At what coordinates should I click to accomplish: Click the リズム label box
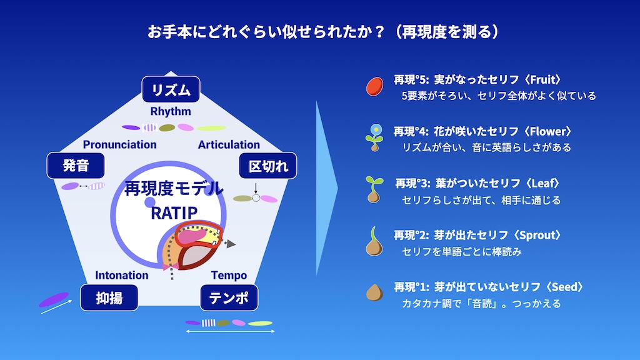click(x=171, y=89)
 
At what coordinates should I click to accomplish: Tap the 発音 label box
click(x=76, y=165)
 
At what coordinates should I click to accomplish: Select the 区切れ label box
click(x=267, y=166)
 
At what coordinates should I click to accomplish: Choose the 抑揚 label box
click(x=109, y=297)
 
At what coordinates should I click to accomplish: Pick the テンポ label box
click(x=229, y=297)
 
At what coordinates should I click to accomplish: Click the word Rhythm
click(x=171, y=111)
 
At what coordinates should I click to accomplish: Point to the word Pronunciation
click(x=119, y=144)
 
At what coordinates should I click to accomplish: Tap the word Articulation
click(x=229, y=144)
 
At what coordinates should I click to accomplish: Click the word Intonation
click(x=122, y=275)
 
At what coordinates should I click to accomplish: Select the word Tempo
click(x=229, y=276)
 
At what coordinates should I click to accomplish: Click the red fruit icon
click(x=375, y=86)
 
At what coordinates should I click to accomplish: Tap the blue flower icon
click(x=374, y=138)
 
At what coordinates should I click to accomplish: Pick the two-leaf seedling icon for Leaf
click(x=374, y=189)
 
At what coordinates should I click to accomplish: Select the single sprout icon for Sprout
click(x=374, y=241)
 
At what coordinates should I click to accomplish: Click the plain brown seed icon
click(x=374, y=292)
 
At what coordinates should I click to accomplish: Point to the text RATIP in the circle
click(x=174, y=212)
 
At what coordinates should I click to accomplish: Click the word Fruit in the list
click(x=543, y=79)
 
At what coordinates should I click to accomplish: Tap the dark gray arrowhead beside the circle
click(x=231, y=244)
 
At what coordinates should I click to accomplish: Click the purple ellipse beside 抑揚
click(x=54, y=299)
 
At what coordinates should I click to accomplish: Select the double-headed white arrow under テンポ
click(x=230, y=331)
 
